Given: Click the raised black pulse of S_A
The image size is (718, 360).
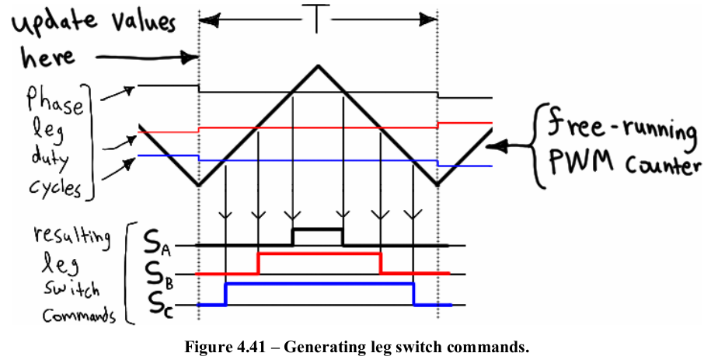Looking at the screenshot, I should (317, 230).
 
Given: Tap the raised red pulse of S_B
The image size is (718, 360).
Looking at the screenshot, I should (319, 254).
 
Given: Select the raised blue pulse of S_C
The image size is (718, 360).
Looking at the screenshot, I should (319, 284).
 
